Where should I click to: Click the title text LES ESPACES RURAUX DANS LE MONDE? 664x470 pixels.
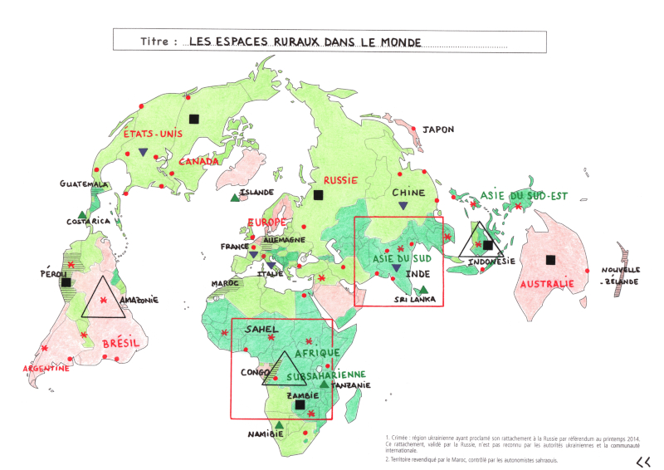(305, 41)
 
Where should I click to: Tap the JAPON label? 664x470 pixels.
(438, 130)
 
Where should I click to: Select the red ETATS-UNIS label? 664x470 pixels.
(152, 134)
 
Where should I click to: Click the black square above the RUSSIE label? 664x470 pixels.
(317, 196)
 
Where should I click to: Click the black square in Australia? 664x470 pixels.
(549, 260)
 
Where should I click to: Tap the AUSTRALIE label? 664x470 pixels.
(547, 284)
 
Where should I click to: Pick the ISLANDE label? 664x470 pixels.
(256, 193)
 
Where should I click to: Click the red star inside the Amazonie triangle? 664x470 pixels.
(104, 299)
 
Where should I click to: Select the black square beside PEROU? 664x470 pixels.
(66, 282)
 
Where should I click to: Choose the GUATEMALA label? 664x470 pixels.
(84, 184)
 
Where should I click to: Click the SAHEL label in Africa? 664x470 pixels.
(261, 330)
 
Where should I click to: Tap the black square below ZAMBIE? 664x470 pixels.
(300, 405)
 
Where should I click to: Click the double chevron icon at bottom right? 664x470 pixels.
(642, 462)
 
